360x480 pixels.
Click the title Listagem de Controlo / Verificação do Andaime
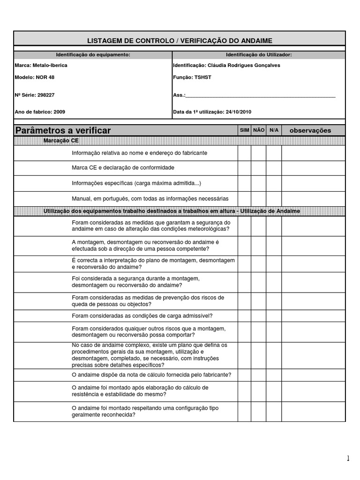pos(180,41)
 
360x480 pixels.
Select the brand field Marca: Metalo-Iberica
pos(41,65)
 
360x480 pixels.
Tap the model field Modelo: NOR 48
pos(35,77)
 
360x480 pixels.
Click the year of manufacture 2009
pos(60,112)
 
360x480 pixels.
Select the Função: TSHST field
pos(192,77)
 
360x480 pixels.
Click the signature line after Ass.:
pos(260,95)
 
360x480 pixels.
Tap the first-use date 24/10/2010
pos(239,112)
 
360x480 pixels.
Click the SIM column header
pos(244,130)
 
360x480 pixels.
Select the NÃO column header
pos(259,130)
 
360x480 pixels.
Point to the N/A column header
pos(274,130)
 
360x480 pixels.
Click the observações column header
pos(310,130)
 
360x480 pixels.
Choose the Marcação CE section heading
pos(61,140)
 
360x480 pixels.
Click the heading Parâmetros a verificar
pos(63,130)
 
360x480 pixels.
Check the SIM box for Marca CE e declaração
pos(244,168)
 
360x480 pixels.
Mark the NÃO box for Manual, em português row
pos(259,199)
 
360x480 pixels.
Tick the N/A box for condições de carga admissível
pos(274,316)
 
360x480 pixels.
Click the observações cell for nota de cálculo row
pos(313,375)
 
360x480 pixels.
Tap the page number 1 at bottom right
pos(348,458)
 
